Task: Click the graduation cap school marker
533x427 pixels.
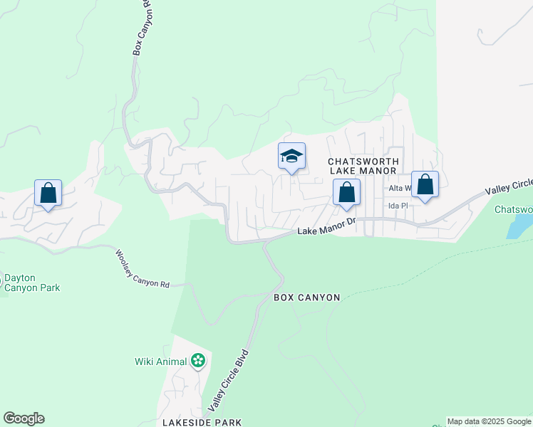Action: [291, 156]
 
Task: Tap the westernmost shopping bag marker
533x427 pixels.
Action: [48, 192]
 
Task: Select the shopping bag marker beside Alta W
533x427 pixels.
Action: [425, 184]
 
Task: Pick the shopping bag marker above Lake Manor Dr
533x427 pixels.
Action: [346, 192]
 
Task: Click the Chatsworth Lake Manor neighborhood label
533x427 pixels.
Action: [361, 166]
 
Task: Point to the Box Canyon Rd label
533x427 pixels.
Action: [140, 27]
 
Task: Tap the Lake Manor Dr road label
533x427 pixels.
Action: [326, 228]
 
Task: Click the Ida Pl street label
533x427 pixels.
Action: [397, 206]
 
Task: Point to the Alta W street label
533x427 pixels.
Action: [400, 188]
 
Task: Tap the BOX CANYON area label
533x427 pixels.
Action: [306, 297]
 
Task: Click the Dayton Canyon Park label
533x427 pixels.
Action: [32, 283]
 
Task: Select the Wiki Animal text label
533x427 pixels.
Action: [160, 362]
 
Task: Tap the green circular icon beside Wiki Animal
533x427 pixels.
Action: [198, 362]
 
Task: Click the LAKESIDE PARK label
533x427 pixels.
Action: [202, 422]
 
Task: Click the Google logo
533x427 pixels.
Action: [24, 418]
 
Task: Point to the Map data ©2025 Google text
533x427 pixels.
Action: [490, 422]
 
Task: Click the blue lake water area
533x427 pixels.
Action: [520, 226]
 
